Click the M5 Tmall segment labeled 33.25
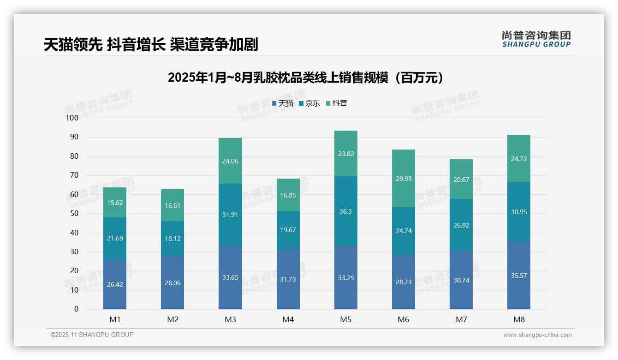point(345,277)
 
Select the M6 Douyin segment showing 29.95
point(404,179)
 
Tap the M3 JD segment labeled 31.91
point(230,214)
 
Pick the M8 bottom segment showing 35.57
point(519,276)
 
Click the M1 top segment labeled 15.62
point(115,203)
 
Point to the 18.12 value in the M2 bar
point(172,238)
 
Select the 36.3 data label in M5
point(345,211)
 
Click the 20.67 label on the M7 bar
point(461,179)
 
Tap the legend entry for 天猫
point(283,103)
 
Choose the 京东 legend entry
point(309,103)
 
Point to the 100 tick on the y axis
point(72,118)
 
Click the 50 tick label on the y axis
point(74,214)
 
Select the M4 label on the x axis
point(288,319)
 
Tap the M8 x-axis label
point(519,319)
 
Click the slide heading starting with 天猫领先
point(151,45)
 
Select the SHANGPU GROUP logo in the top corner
point(536,39)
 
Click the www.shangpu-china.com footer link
point(537,335)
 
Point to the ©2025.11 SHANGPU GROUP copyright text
point(92,335)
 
